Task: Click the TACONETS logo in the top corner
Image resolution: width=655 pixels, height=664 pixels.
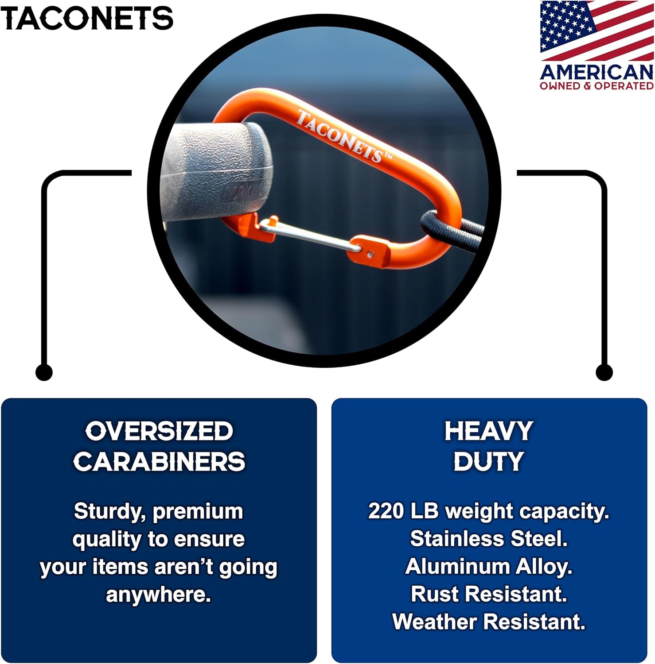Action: pos(87,19)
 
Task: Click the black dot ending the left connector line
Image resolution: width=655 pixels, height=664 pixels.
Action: pos(43,372)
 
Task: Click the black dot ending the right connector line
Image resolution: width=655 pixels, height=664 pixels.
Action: pos(604,372)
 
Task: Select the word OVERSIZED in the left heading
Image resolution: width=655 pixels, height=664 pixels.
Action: pos(159,432)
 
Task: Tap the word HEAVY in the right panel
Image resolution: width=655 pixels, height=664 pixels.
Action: pos(489,432)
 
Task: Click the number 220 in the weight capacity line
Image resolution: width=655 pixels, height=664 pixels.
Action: pos(386,511)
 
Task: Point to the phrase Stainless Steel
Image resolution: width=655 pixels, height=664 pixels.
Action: pos(489,539)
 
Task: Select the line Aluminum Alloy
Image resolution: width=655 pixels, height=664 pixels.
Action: pos(489,567)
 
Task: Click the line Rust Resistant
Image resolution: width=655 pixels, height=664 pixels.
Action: pos(489,594)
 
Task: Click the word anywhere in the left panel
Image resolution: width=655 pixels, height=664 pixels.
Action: pos(158,595)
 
